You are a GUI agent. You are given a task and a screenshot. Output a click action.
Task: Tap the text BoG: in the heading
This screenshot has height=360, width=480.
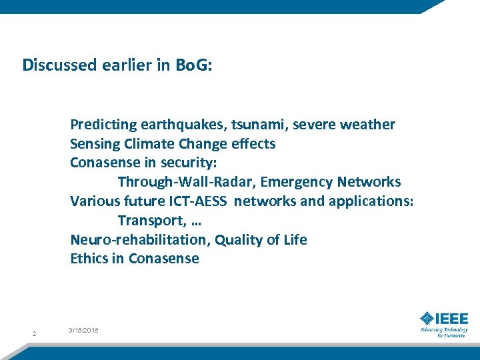pyautogui.click(x=193, y=65)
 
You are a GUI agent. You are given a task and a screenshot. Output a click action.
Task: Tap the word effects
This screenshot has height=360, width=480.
pyautogui.click(x=253, y=144)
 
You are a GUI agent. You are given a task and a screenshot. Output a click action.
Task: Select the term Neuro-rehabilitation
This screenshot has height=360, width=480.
pyautogui.click(x=139, y=239)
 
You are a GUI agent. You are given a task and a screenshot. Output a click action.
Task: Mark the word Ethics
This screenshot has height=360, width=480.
pyautogui.click(x=89, y=259)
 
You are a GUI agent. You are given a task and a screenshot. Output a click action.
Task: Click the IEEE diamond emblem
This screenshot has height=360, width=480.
pyautogui.click(x=427, y=319)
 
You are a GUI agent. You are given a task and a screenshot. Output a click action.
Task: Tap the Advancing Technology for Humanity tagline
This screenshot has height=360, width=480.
pyautogui.click(x=443, y=332)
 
